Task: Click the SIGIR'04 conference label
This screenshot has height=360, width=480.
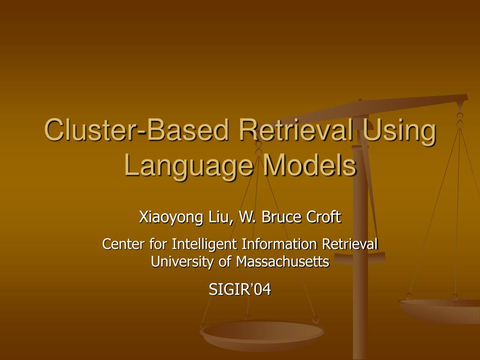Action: pyautogui.click(x=240, y=290)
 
